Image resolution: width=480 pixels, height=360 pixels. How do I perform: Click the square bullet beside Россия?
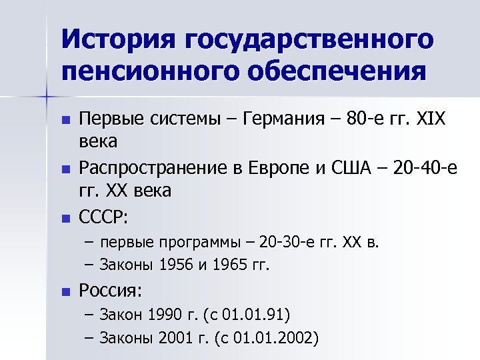64,291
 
